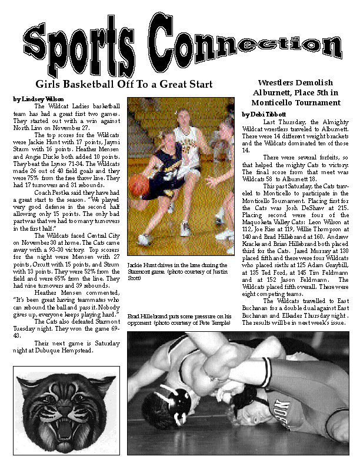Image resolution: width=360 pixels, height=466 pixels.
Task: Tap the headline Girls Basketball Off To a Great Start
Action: click(124, 84)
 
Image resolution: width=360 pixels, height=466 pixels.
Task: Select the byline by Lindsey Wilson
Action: click(39, 99)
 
